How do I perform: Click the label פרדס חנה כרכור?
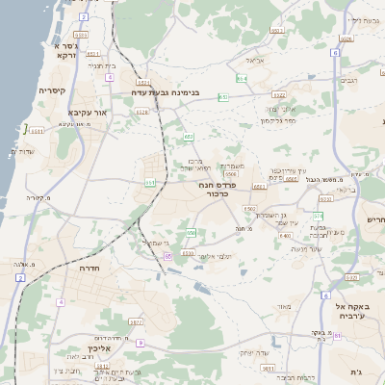(x=221, y=188)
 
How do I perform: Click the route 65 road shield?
(x=168, y=257)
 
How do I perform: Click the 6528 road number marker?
(x=142, y=112)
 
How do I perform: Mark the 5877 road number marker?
(x=135, y=322)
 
